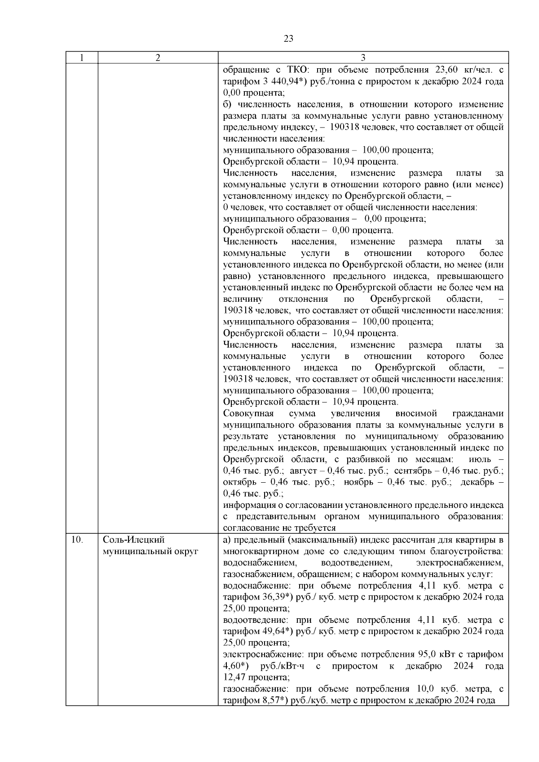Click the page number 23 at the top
(288, 39)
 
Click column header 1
(81, 58)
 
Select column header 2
(158, 58)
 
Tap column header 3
(363, 58)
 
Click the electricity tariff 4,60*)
(237, 666)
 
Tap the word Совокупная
(248, 414)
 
